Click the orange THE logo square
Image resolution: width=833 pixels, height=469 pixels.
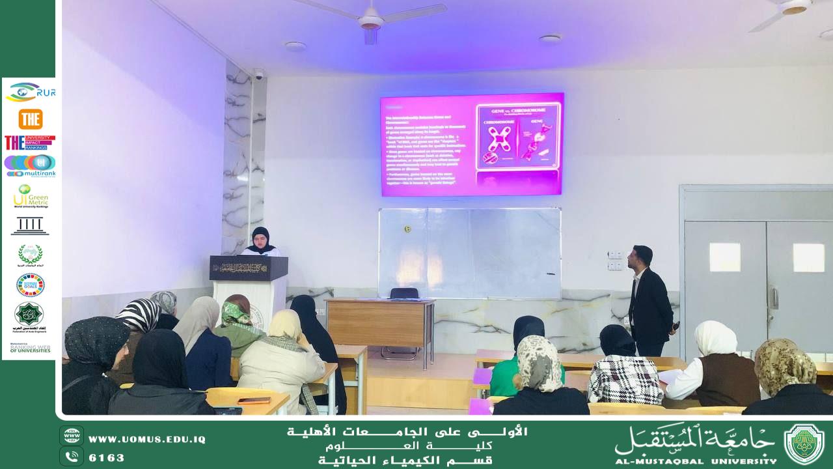[31, 119]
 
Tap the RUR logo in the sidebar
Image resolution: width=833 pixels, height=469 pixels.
[31, 92]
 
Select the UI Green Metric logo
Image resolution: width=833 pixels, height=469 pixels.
[31, 196]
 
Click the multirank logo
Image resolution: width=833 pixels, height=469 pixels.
[30, 165]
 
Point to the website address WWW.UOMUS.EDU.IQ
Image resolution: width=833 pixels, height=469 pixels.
[147, 440]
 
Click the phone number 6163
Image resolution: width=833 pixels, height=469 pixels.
[107, 458]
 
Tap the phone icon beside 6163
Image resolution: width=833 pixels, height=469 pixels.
[72, 457]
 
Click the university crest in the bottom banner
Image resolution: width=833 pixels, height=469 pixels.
[804, 444]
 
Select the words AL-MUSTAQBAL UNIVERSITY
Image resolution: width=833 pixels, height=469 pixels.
[696, 461]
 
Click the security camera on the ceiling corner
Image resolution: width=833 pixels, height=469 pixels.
[258, 74]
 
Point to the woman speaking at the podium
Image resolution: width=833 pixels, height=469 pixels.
[260, 241]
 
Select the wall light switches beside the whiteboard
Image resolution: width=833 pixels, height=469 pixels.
[614, 260]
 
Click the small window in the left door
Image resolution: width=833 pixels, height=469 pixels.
[724, 257]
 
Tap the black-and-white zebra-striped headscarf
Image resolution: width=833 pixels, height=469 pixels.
[138, 315]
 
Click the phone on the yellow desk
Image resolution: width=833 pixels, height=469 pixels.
[253, 400]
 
